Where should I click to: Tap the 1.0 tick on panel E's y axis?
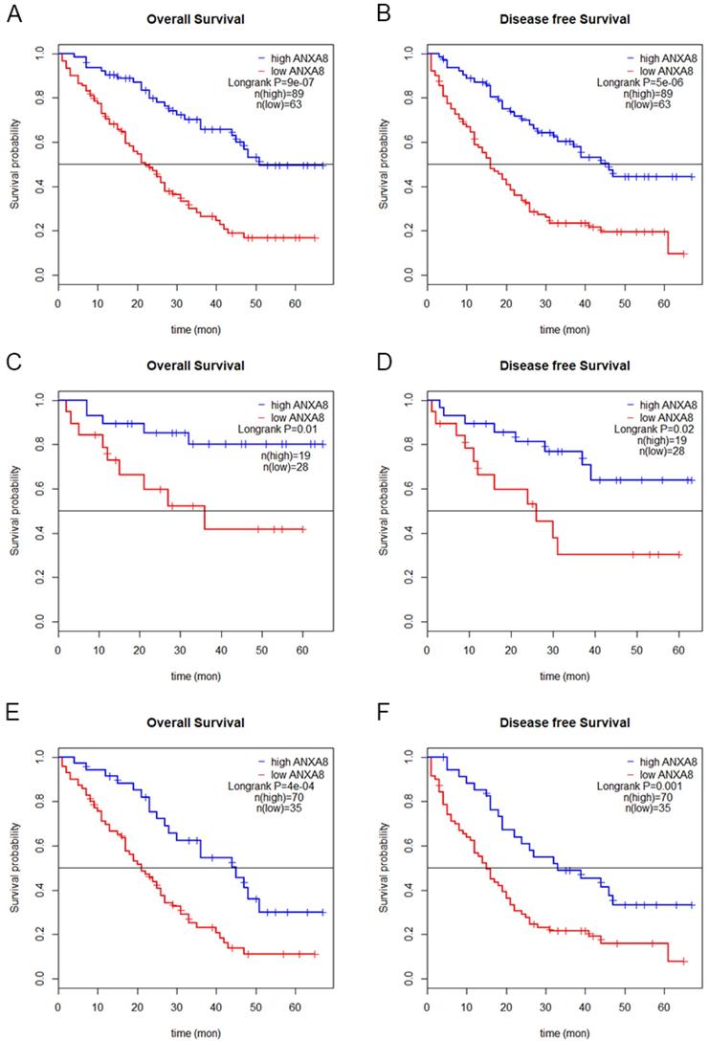click(x=38, y=757)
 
